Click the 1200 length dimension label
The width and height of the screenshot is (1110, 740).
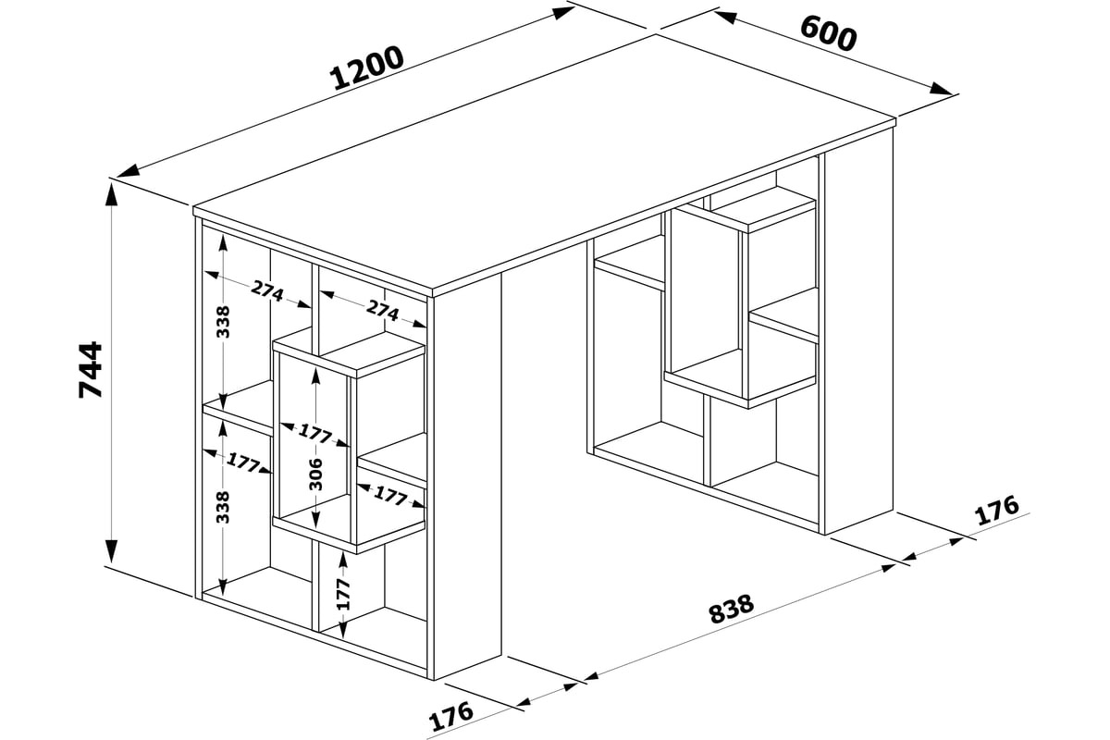click(366, 68)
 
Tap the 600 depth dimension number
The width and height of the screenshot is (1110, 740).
click(828, 33)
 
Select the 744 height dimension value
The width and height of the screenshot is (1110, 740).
click(91, 369)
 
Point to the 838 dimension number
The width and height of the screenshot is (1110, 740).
click(732, 608)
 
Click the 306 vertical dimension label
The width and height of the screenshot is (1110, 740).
click(315, 475)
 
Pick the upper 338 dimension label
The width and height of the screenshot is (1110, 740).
click(223, 322)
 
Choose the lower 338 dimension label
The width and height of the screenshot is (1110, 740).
click(223, 507)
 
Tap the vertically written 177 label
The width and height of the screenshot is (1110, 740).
click(343, 594)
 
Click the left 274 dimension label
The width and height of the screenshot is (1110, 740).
click(267, 291)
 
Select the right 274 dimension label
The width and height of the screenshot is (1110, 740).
click(383, 311)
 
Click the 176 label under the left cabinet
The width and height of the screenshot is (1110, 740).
click(451, 716)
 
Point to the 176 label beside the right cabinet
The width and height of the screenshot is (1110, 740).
click(997, 510)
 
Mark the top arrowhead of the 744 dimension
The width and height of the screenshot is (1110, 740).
click(113, 194)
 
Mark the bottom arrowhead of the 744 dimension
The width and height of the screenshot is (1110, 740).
click(113, 551)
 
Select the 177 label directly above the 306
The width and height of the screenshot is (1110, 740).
click(314, 433)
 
